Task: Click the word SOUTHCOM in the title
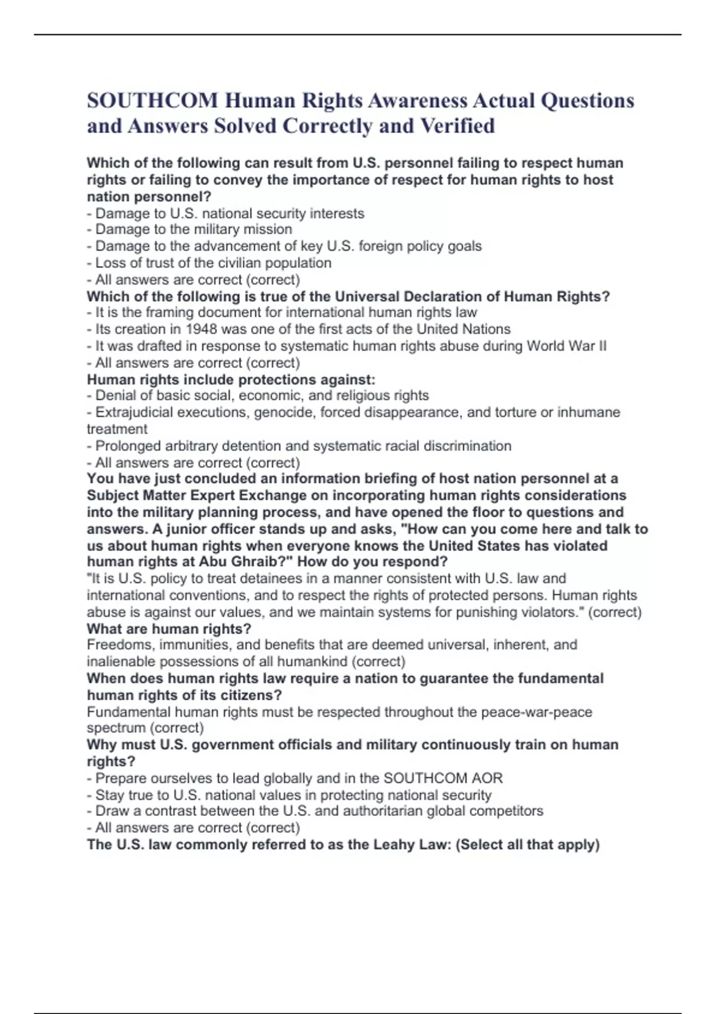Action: tap(152, 100)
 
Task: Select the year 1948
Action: tap(202, 329)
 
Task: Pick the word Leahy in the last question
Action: tap(393, 845)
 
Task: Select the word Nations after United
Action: tap(488, 329)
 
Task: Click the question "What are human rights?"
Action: tap(169, 629)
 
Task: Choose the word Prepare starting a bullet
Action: tap(121, 778)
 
